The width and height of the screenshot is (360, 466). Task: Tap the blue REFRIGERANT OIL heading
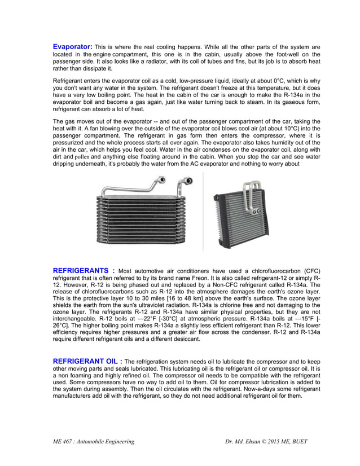[87, 361]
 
